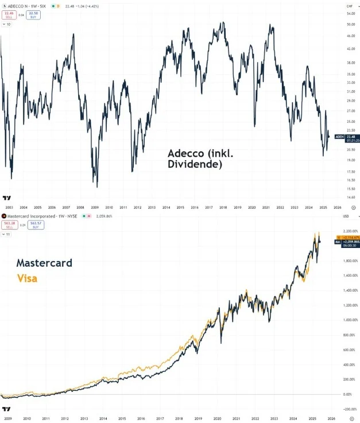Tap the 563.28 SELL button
[9, 225]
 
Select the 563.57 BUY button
[33, 225]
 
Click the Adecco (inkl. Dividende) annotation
[195, 159]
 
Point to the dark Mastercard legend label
[44, 263]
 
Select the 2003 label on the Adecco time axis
[9, 207]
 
